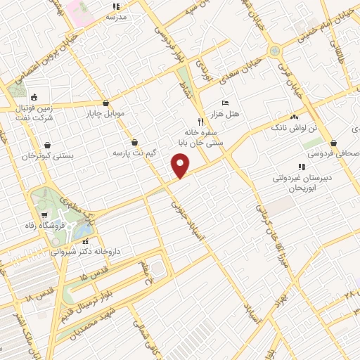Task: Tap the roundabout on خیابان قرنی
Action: (274, 51)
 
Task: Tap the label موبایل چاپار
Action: (105, 112)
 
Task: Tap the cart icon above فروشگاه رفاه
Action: (46, 215)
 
